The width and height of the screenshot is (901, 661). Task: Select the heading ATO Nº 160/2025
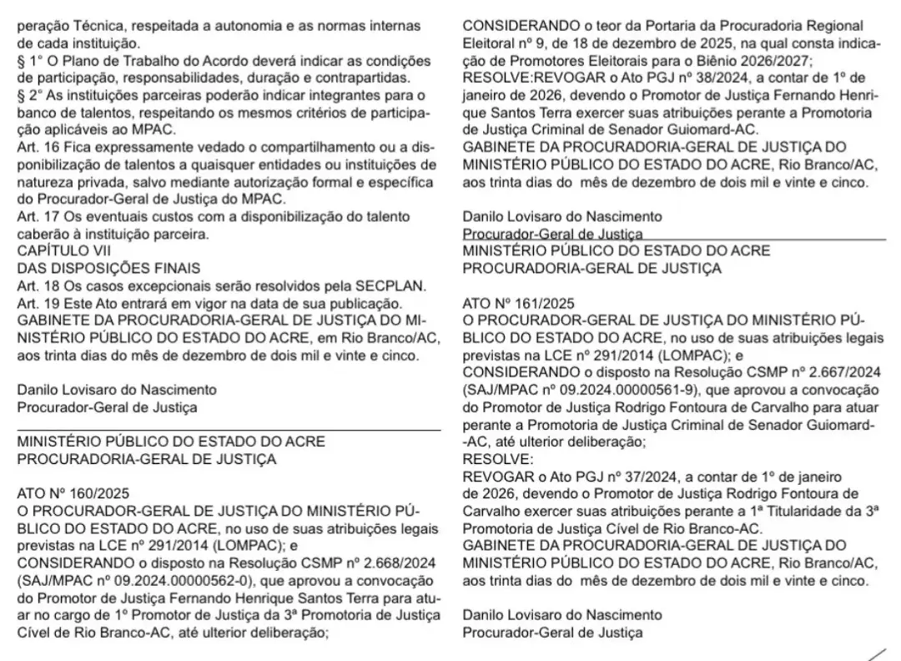pos(73,492)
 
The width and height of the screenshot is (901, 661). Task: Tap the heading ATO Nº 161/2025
pos(518,303)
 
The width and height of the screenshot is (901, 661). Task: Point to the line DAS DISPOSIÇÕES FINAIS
pos(109,268)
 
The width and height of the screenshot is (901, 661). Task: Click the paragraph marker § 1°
pos(29,61)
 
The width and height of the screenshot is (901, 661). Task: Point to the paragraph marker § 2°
pos(29,95)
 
